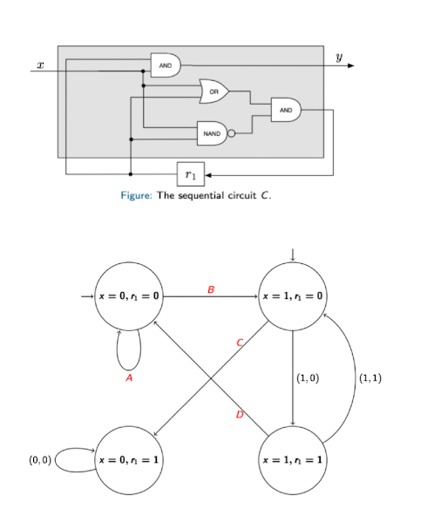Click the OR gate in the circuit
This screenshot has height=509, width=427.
[x=213, y=90]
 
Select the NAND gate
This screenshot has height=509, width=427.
[x=211, y=133]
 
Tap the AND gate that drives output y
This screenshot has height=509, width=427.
[x=165, y=64]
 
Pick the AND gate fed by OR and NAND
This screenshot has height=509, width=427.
[x=285, y=110]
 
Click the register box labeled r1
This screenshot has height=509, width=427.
[x=190, y=174]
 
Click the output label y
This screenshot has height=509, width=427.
[x=340, y=57]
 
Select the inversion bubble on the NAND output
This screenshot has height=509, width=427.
[x=232, y=134]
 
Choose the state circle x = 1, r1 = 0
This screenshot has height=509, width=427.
[x=293, y=296]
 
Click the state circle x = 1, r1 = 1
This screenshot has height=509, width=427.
[x=293, y=458]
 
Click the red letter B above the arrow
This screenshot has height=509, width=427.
[x=209, y=288]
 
